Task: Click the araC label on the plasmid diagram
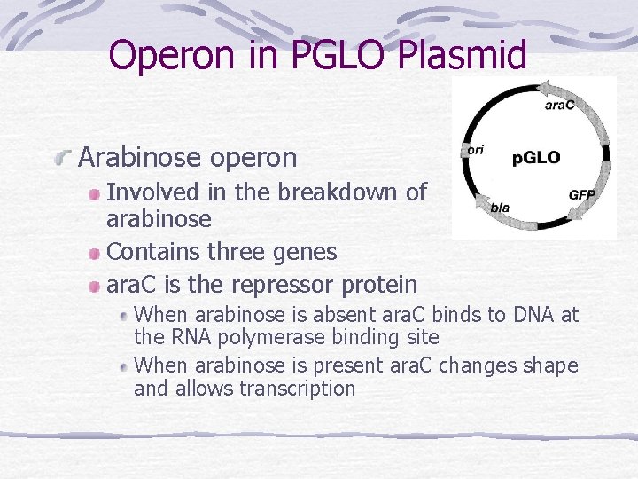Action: click(559, 105)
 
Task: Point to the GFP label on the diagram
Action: click(581, 194)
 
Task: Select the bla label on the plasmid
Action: click(500, 207)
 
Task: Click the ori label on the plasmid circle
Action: click(475, 149)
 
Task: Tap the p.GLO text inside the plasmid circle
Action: click(536, 158)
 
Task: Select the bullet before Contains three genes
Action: click(94, 253)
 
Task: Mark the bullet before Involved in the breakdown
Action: click(94, 192)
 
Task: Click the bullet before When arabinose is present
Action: click(124, 365)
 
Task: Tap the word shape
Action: click(549, 365)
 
